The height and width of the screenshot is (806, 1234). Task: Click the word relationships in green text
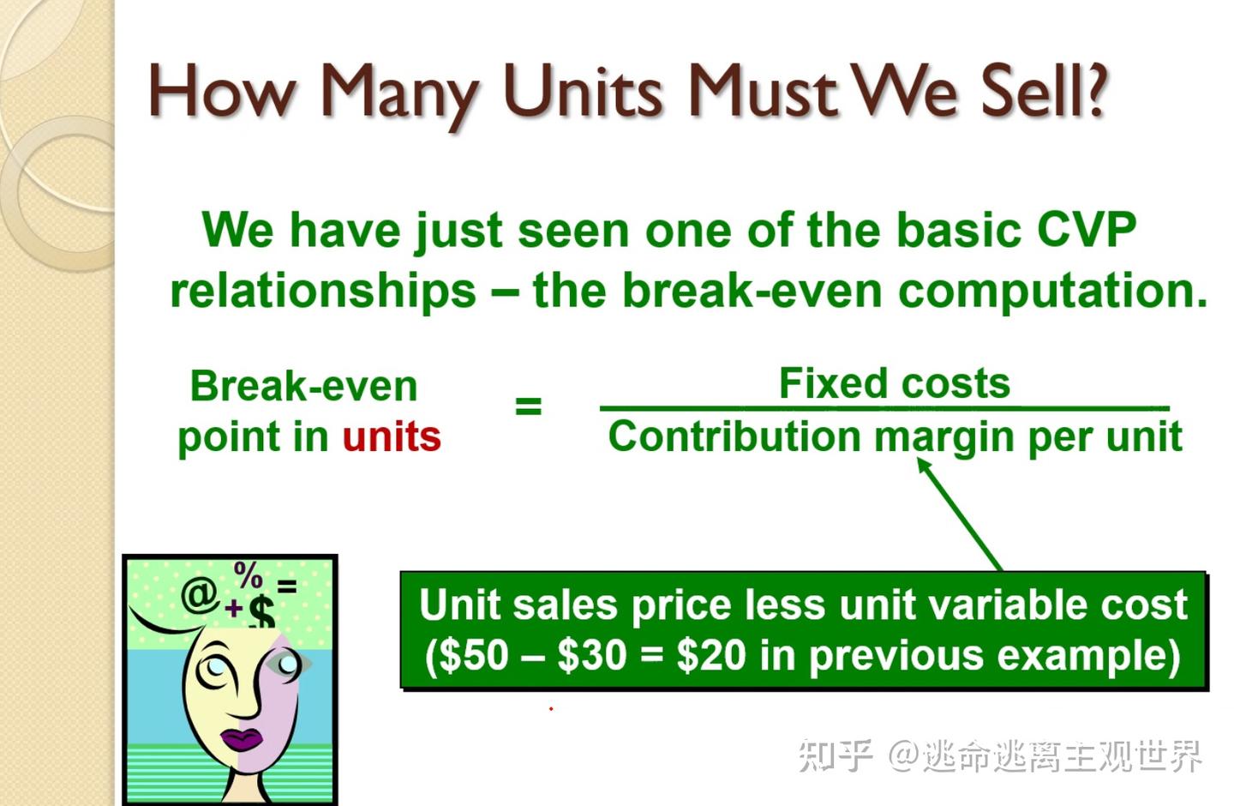[x=322, y=291]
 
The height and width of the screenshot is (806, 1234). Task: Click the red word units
[x=392, y=436]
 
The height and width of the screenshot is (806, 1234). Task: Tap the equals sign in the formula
[x=528, y=406]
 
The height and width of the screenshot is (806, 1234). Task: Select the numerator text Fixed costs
[x=894, y=383]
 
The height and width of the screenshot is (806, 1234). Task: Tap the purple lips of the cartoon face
[x=243, y=738]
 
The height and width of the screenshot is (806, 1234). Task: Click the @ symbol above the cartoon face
[x=199, y=594]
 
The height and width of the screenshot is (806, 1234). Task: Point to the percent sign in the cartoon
[x=249, y=574]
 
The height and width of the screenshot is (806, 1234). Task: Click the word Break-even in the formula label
[x=303, y=386]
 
